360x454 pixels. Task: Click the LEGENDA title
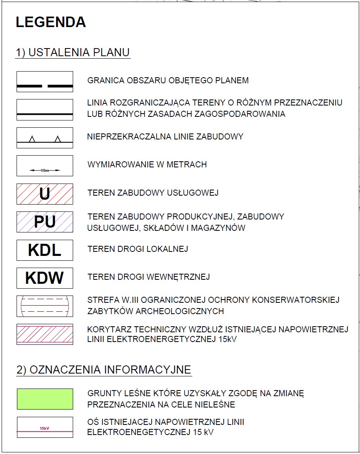pos(51,22)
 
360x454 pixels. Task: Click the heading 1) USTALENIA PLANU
pos(73,53)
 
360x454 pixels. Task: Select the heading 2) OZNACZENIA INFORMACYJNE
pos(104,370)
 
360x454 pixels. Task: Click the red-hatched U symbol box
pos(44,194)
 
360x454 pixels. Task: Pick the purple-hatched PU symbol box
pos(44,222)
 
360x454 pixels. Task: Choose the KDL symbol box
pos(44,250)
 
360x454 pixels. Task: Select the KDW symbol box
pos(44,278)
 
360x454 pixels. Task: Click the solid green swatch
pos(44,399)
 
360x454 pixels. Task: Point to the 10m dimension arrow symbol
pos(44,171)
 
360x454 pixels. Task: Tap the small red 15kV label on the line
pos(44,428)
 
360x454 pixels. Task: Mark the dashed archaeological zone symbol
pos(44,306)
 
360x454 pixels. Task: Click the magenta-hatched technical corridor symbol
pos(44,334)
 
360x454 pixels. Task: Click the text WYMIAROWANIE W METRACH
pos(147,165)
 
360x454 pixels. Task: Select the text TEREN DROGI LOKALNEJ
pos(138,249)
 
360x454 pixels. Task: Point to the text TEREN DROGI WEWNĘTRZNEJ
pos(149,277)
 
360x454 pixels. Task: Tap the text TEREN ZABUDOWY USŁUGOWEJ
pos(153,192)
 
